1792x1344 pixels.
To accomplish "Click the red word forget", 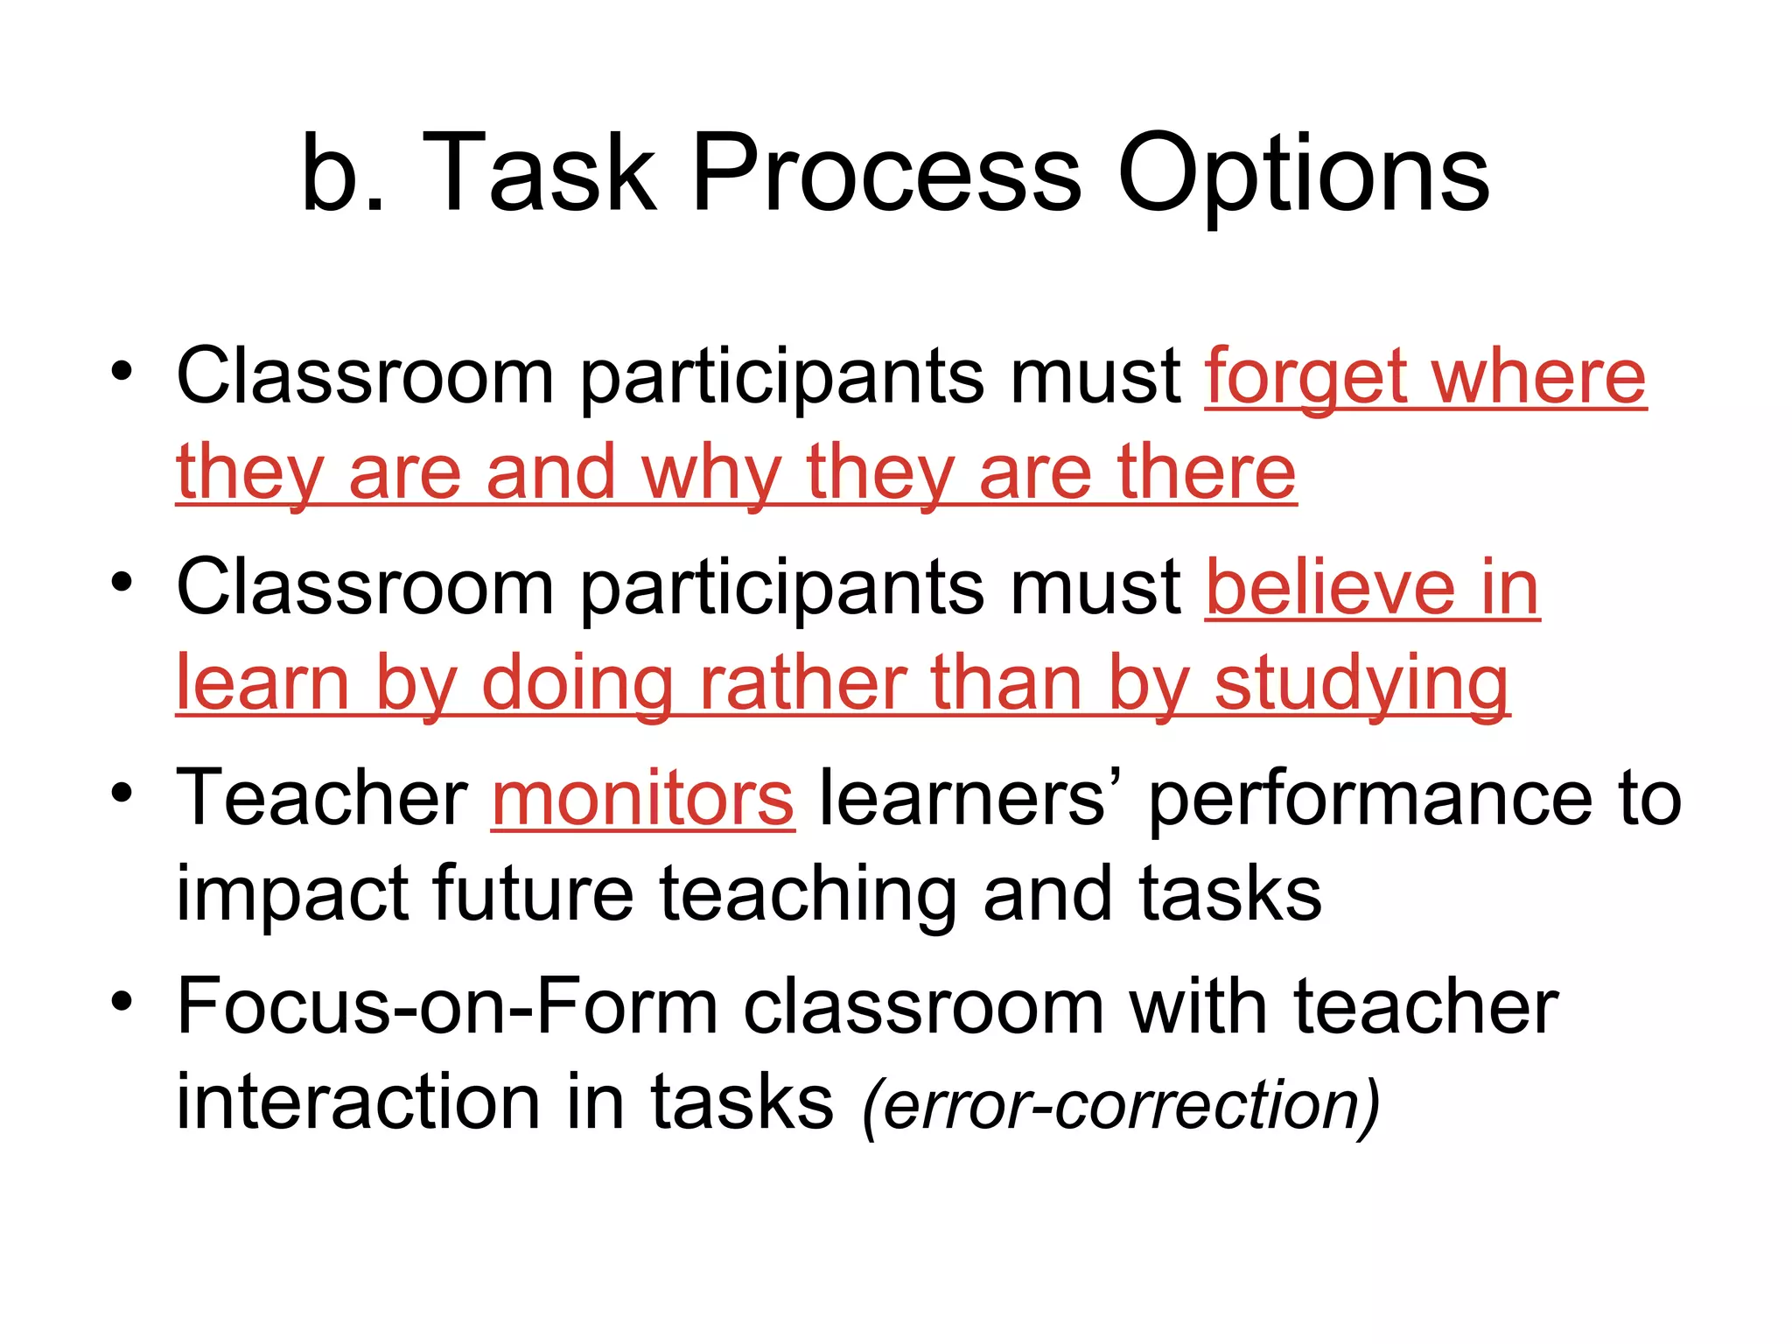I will [1305, 378].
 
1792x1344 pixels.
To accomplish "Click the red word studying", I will [1361, 684].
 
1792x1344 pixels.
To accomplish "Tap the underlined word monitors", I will [643, 798].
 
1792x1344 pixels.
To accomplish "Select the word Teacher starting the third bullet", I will [322, 798].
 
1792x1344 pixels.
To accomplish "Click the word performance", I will [1370, 798].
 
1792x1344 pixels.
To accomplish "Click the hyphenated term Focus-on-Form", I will [447, 1008].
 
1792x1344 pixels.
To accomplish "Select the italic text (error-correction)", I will [1121, 1104].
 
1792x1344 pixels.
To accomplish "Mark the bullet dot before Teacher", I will [122, 792].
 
